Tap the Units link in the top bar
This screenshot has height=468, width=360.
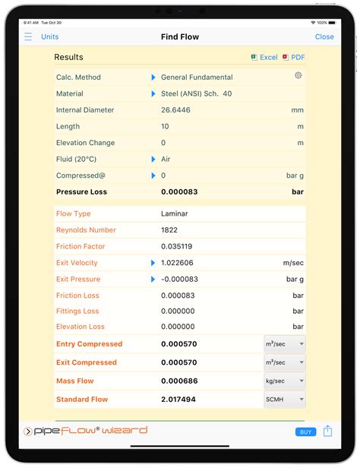[49, 36]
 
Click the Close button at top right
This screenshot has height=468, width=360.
[324, 36]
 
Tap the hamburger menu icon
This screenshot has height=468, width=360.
[28, 36]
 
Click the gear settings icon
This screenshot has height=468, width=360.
[298, 75]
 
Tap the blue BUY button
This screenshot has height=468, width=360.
[305, 432]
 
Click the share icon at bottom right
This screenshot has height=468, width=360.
[327, 431]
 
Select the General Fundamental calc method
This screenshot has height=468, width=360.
[197, 77]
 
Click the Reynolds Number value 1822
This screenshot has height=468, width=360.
[170, 230]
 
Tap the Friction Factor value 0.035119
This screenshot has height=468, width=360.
[177, 247]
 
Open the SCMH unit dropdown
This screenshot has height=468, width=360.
[284, 400]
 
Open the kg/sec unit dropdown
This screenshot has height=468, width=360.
[284, 381]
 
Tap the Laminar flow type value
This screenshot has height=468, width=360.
[174, 214]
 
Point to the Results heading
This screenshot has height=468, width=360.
[68, 58]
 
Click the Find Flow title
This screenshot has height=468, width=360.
[180, 36]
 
